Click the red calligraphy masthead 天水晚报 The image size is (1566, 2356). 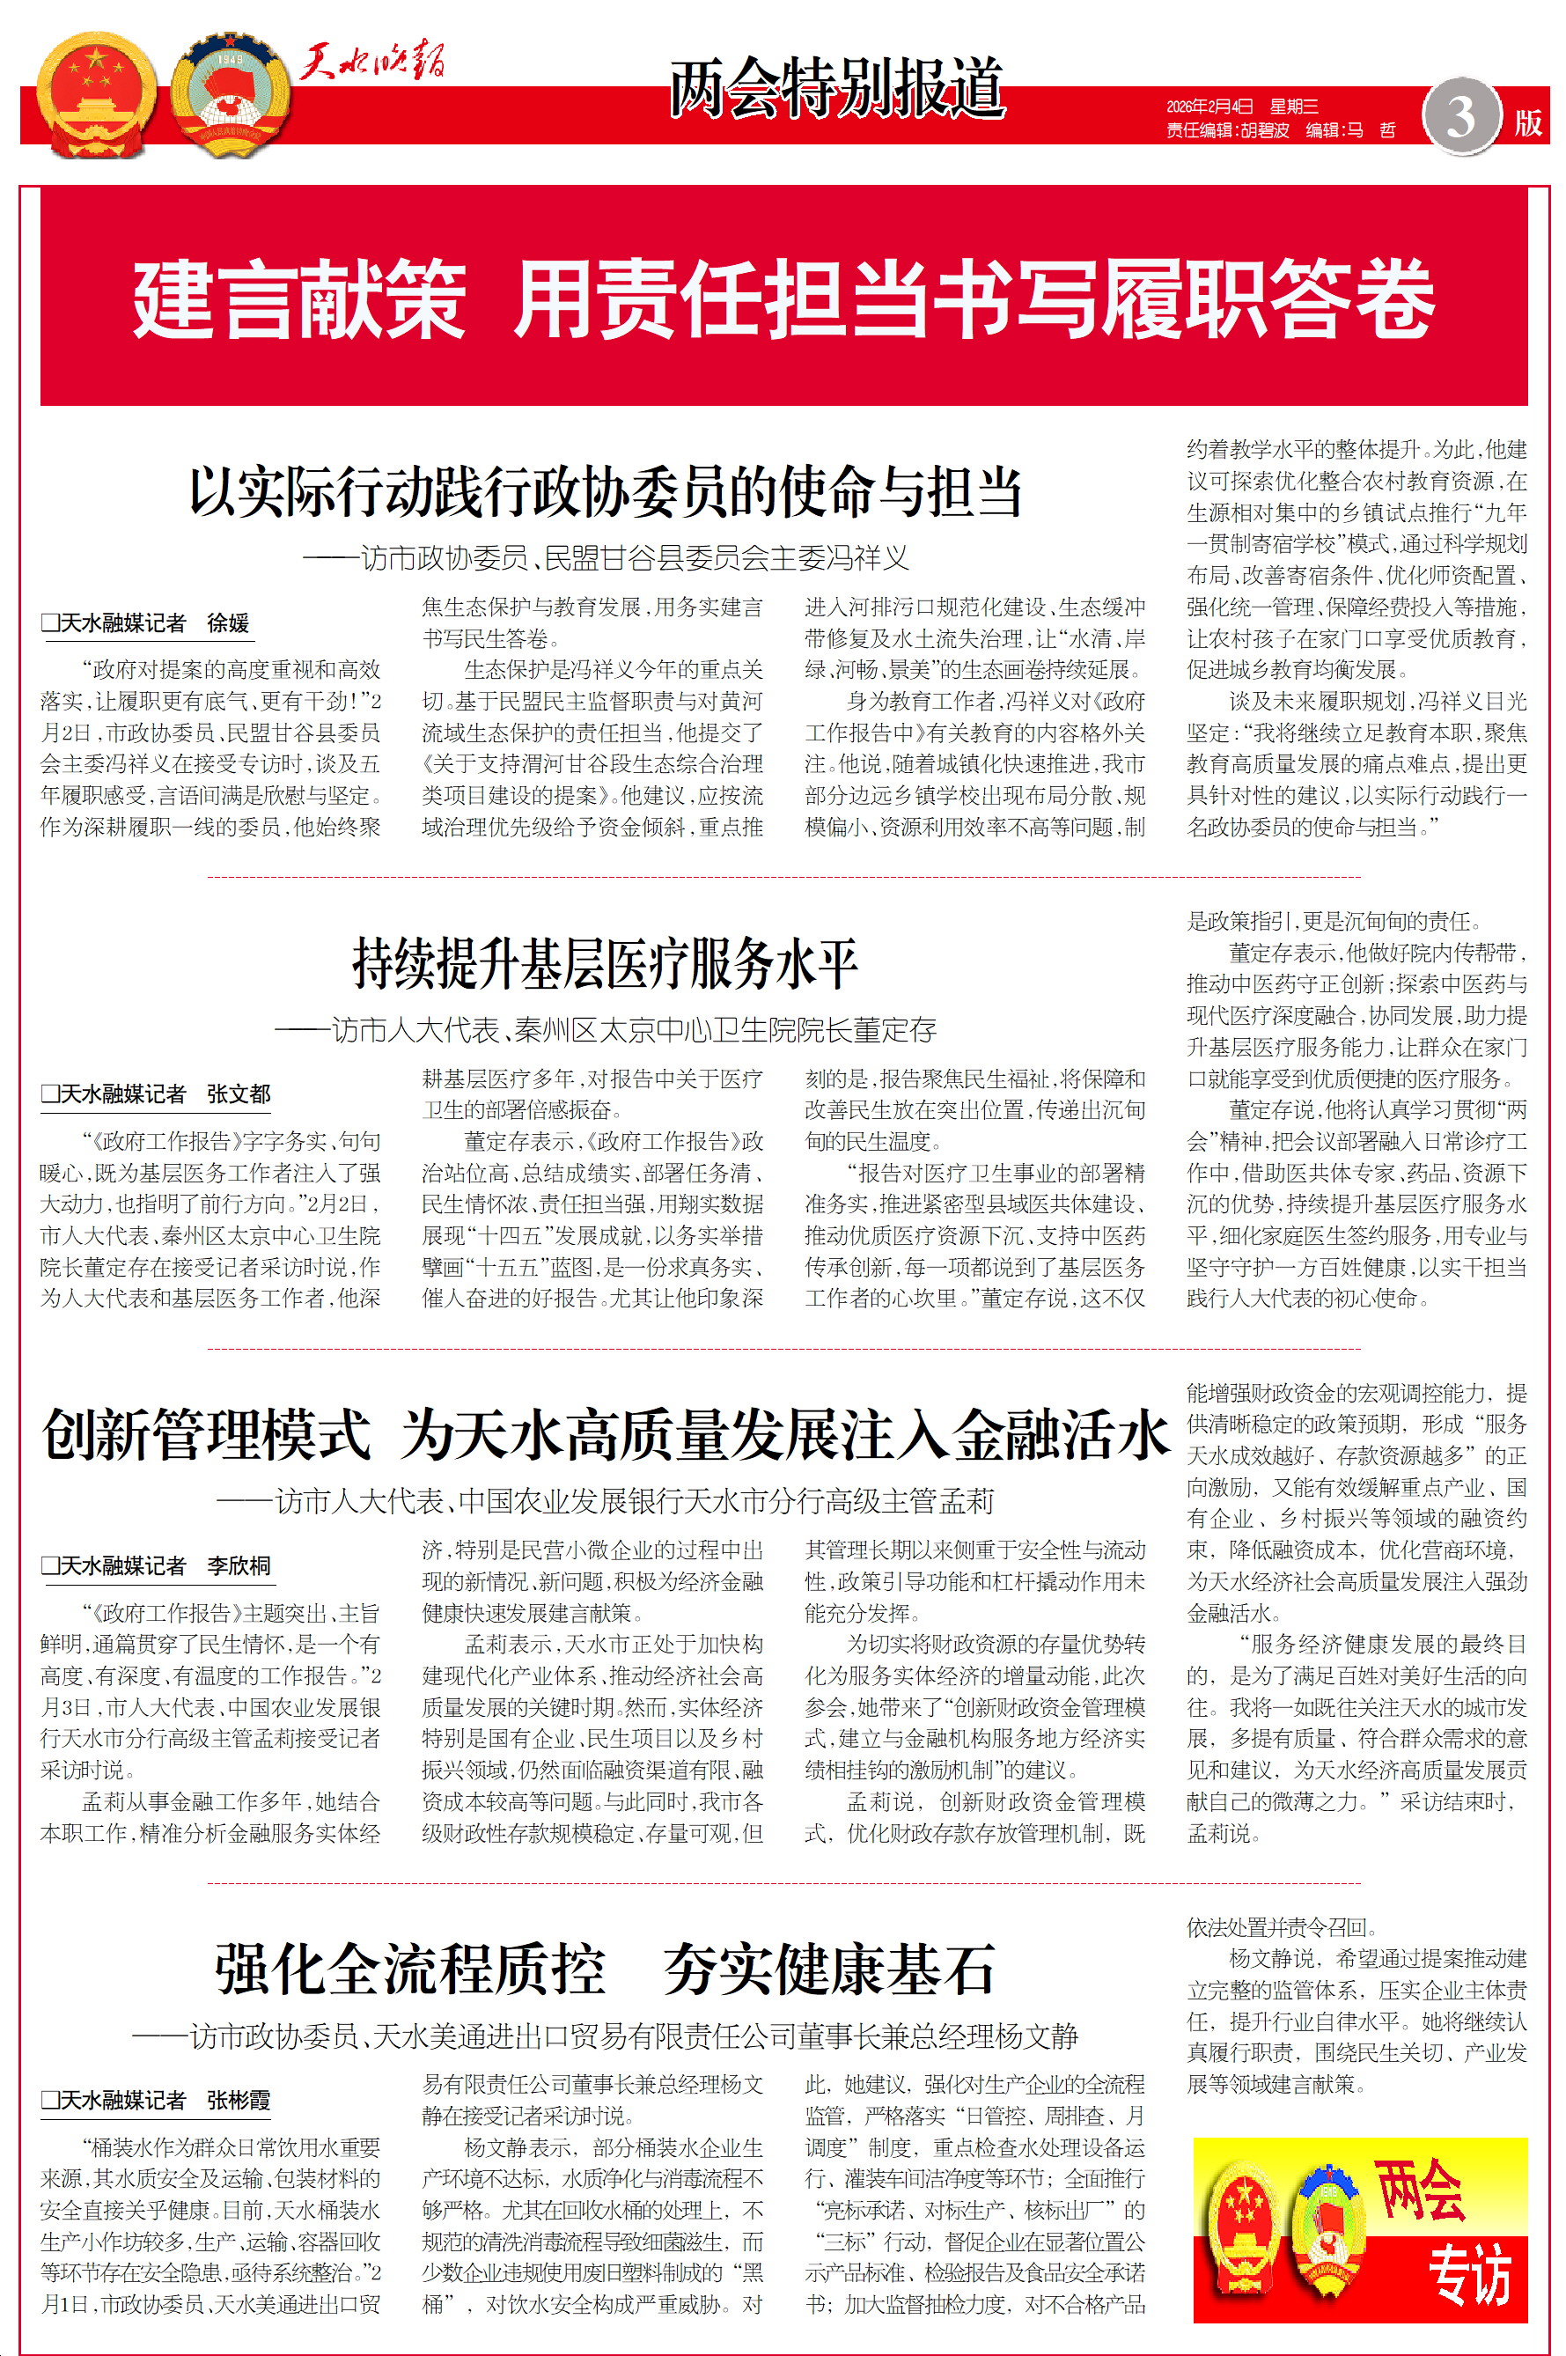tap(372, 63)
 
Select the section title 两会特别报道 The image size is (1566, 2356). tap(836, 88)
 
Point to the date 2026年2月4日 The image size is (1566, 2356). tap(1209, 107)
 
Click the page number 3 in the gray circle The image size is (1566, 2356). tap(1461, 117)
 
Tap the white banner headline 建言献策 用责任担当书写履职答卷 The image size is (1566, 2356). tap(783, 298)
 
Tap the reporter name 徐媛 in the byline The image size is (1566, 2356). tap(228, 623)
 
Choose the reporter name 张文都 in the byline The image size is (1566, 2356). tap(239, 1093)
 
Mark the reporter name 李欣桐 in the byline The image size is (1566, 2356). tap(239, 1565)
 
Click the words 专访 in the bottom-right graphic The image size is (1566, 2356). tap(1467, 2274)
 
